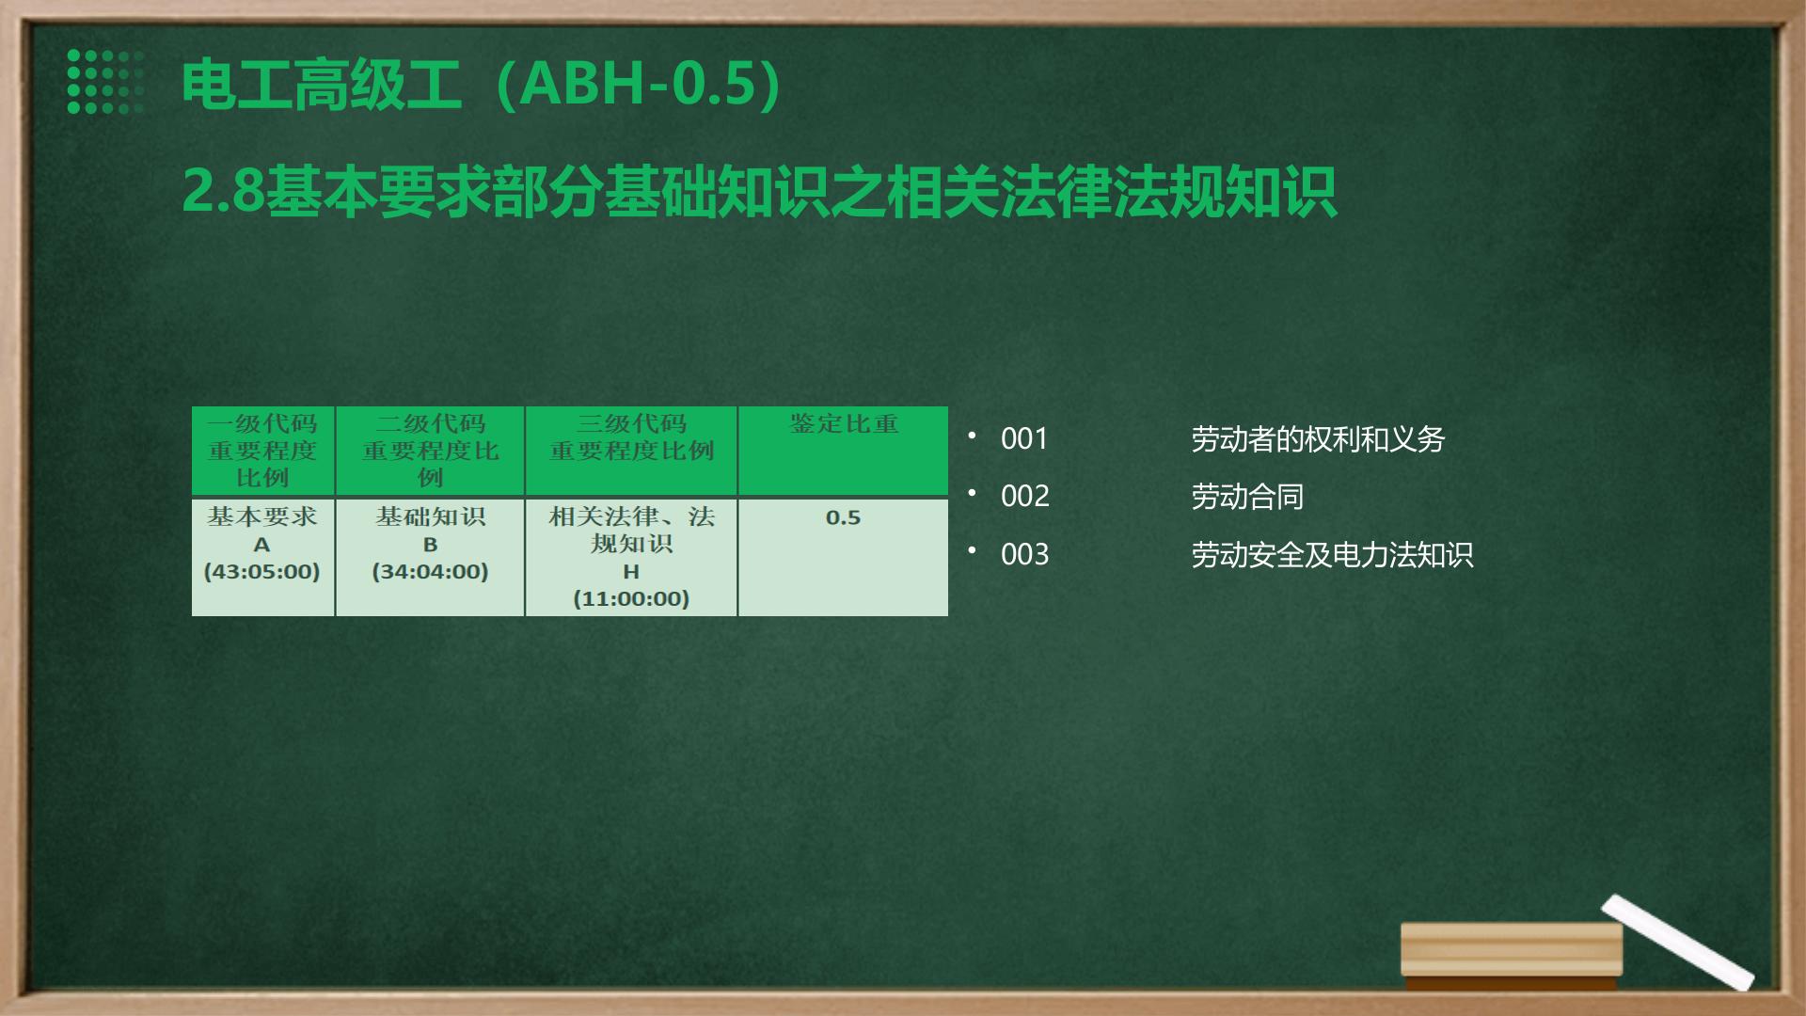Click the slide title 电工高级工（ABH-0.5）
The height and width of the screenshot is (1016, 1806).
(482, 85)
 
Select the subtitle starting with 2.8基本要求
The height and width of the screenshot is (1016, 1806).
(759, 192)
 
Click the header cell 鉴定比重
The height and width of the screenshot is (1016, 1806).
(844, 424)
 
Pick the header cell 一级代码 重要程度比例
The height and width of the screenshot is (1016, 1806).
(262, 451)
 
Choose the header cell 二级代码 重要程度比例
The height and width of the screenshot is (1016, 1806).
(430, 451)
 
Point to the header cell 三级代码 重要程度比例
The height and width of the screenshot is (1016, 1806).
(631, 437)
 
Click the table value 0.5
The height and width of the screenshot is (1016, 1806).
(843, 517)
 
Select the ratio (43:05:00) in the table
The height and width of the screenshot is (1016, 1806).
(262, 571)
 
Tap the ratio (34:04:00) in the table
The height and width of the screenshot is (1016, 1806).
(430, 571)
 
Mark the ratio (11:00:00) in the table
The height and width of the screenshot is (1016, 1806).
(631, 598)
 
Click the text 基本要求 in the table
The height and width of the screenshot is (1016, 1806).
(262, 516)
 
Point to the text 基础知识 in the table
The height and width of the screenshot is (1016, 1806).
(430, 516)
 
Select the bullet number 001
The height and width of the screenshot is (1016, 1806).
(1024, 439)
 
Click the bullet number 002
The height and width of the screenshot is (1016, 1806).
(1024, 497)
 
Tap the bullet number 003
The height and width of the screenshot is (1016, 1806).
(1024, 555)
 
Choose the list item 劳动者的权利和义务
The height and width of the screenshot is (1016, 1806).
(1318, 439)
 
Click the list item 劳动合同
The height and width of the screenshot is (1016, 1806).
(1247, 497)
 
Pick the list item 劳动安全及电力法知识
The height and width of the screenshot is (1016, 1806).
(1332, 555)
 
